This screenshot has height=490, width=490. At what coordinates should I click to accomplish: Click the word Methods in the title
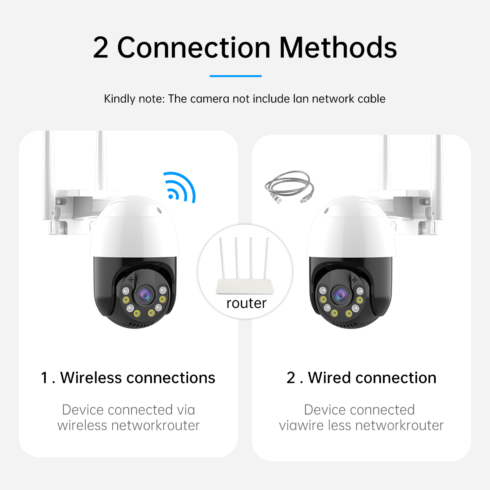[338, 47]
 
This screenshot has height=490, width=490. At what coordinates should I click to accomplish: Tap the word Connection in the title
[194, 47]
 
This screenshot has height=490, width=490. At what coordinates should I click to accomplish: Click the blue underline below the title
[236, 76]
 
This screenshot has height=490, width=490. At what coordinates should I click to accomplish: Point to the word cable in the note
[371, 99]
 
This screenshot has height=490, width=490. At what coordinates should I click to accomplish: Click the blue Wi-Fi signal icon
[180, 188]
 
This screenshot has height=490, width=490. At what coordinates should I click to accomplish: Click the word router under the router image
[246, 303]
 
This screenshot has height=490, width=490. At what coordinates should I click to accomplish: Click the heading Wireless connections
[138, 378]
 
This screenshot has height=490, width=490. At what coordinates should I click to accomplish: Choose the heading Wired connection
[372, 378]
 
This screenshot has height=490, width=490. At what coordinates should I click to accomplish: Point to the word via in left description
[186, 410]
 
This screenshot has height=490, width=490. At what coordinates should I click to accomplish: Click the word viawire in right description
[302, 425]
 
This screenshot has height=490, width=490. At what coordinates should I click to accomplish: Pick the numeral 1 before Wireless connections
[45, 378]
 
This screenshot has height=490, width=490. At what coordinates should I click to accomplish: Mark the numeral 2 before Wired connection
[291, 378]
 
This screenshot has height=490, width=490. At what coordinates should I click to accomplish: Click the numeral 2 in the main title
[100, 47]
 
